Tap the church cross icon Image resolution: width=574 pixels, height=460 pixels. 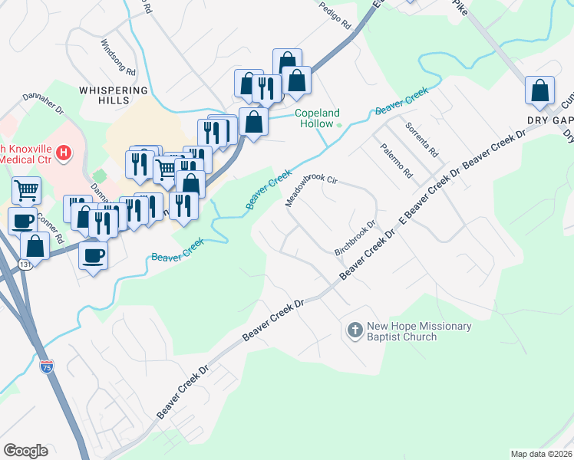pos(355,331)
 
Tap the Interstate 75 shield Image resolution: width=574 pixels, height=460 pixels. pos(47,366)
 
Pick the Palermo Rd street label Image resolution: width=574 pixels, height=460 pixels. pos(397,159)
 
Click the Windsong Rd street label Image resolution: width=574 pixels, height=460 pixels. pos(117,58)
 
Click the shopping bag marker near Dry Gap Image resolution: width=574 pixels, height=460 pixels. pos(540,90)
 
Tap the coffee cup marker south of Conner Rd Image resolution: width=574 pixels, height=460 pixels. pos(93,255)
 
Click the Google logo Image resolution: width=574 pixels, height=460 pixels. pos(25,451)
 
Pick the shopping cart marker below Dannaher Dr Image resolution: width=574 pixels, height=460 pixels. pos(26,190)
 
